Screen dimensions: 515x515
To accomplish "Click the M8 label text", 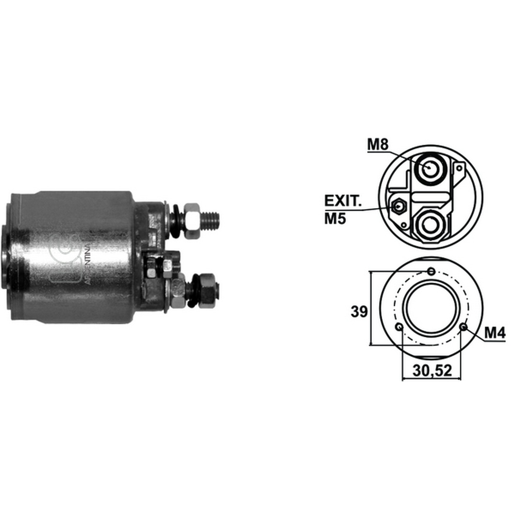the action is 377,144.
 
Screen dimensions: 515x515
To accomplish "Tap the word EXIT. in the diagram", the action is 343,201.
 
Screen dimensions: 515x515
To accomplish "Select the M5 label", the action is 335,218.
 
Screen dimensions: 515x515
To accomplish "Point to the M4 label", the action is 494,333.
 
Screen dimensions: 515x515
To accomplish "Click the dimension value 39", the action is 359,312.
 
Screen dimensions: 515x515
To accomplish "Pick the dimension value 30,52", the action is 432,370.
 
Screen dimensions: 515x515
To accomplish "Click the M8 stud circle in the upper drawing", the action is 430,169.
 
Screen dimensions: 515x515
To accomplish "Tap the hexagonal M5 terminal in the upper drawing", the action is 399,207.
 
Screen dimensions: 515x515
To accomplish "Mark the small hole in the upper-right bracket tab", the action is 459,168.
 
